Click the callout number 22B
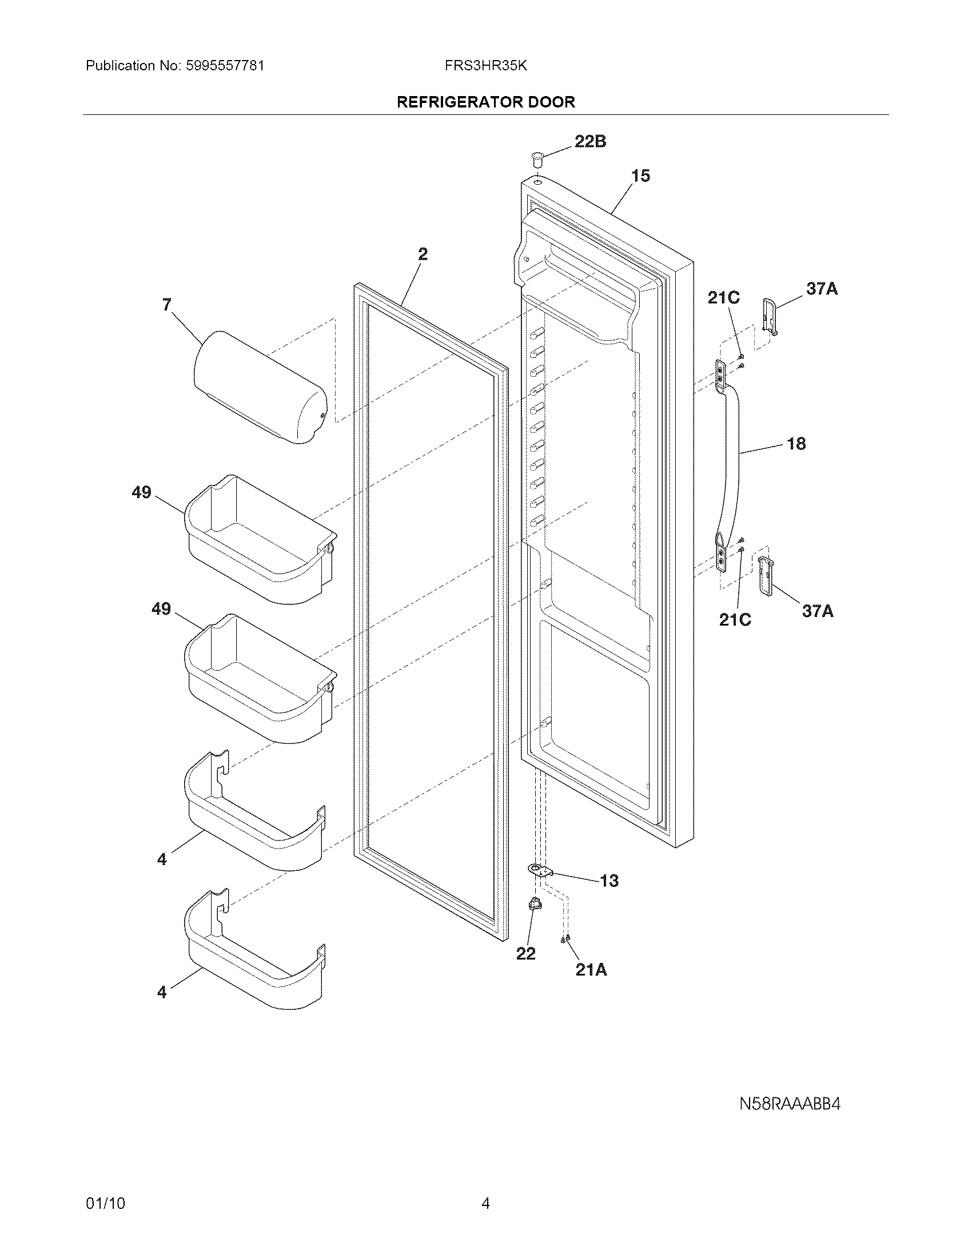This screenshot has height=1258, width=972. click(x=590, y=142)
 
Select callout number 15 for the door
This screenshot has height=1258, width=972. click(x=640, y=176)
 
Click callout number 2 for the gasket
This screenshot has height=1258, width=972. click(x=423, y=254)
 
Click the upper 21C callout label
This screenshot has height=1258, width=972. click(x=723, y=298)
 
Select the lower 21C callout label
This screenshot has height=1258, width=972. click(x=735, y=620)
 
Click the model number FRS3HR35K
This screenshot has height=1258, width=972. click(x=485, y=66)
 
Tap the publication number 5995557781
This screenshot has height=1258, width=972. click(x=225, y=66)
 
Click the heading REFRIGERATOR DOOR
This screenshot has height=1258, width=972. click(x=486, y=102)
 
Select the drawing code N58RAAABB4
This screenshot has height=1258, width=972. click(x=790, y=1104)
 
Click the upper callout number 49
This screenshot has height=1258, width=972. click(x=142, y=492)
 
